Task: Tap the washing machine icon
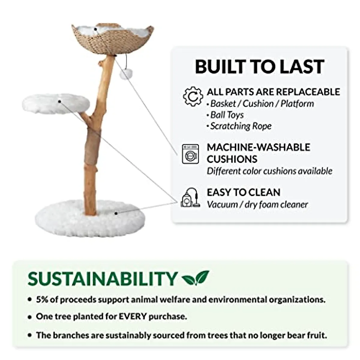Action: [190, 154]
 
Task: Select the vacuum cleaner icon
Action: [190, 198]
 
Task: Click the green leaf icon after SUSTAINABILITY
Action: [196, 277]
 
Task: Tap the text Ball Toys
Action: [227, 115]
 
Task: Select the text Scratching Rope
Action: [241, 126]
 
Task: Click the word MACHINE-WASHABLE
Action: [258, 147]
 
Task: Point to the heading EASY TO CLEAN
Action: [243, 192]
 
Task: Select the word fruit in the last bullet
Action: [317, 335]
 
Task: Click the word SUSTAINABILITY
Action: [102, 278]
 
